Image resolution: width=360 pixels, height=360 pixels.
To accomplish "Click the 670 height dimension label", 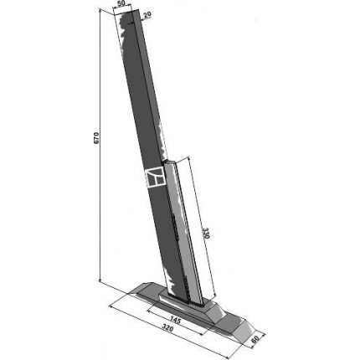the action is (x=96, y=137).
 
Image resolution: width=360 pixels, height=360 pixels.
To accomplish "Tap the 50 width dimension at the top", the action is (x=121, y=3).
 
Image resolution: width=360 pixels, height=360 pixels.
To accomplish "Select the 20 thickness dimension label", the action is (x=147, y=14).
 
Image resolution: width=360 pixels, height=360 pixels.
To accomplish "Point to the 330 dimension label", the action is (x=206, y=234).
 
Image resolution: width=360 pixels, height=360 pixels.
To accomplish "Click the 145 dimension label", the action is (x=175, y=321).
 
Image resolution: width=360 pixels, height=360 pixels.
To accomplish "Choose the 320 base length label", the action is (x=167, y=329).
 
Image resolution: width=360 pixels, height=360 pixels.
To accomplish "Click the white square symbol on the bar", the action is (x=155, y=177).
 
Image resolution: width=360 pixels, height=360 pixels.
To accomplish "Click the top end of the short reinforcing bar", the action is (x=169, y=162).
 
